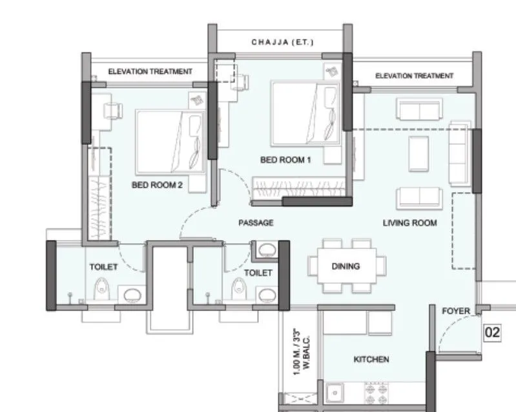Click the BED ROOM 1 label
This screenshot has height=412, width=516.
[285, 160]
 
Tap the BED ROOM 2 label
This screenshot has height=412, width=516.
[158, 185]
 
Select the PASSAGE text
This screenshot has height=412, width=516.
[256, 222]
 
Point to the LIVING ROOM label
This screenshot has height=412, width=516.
[409, 223]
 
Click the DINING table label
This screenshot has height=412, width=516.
[346, 266]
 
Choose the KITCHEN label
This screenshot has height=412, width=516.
[371, 359]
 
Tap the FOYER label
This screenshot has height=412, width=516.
[455, 311]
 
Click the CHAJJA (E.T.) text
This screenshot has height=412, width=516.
[282, 43]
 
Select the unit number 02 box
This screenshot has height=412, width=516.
[493, 333]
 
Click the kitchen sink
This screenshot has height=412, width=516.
[335, 393]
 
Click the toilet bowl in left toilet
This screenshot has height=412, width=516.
[101, 288]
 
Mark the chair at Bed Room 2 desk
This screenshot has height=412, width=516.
[112, 111]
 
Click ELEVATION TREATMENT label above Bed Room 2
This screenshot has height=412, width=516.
[150, 71]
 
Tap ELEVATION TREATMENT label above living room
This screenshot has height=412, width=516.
[414, 76]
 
